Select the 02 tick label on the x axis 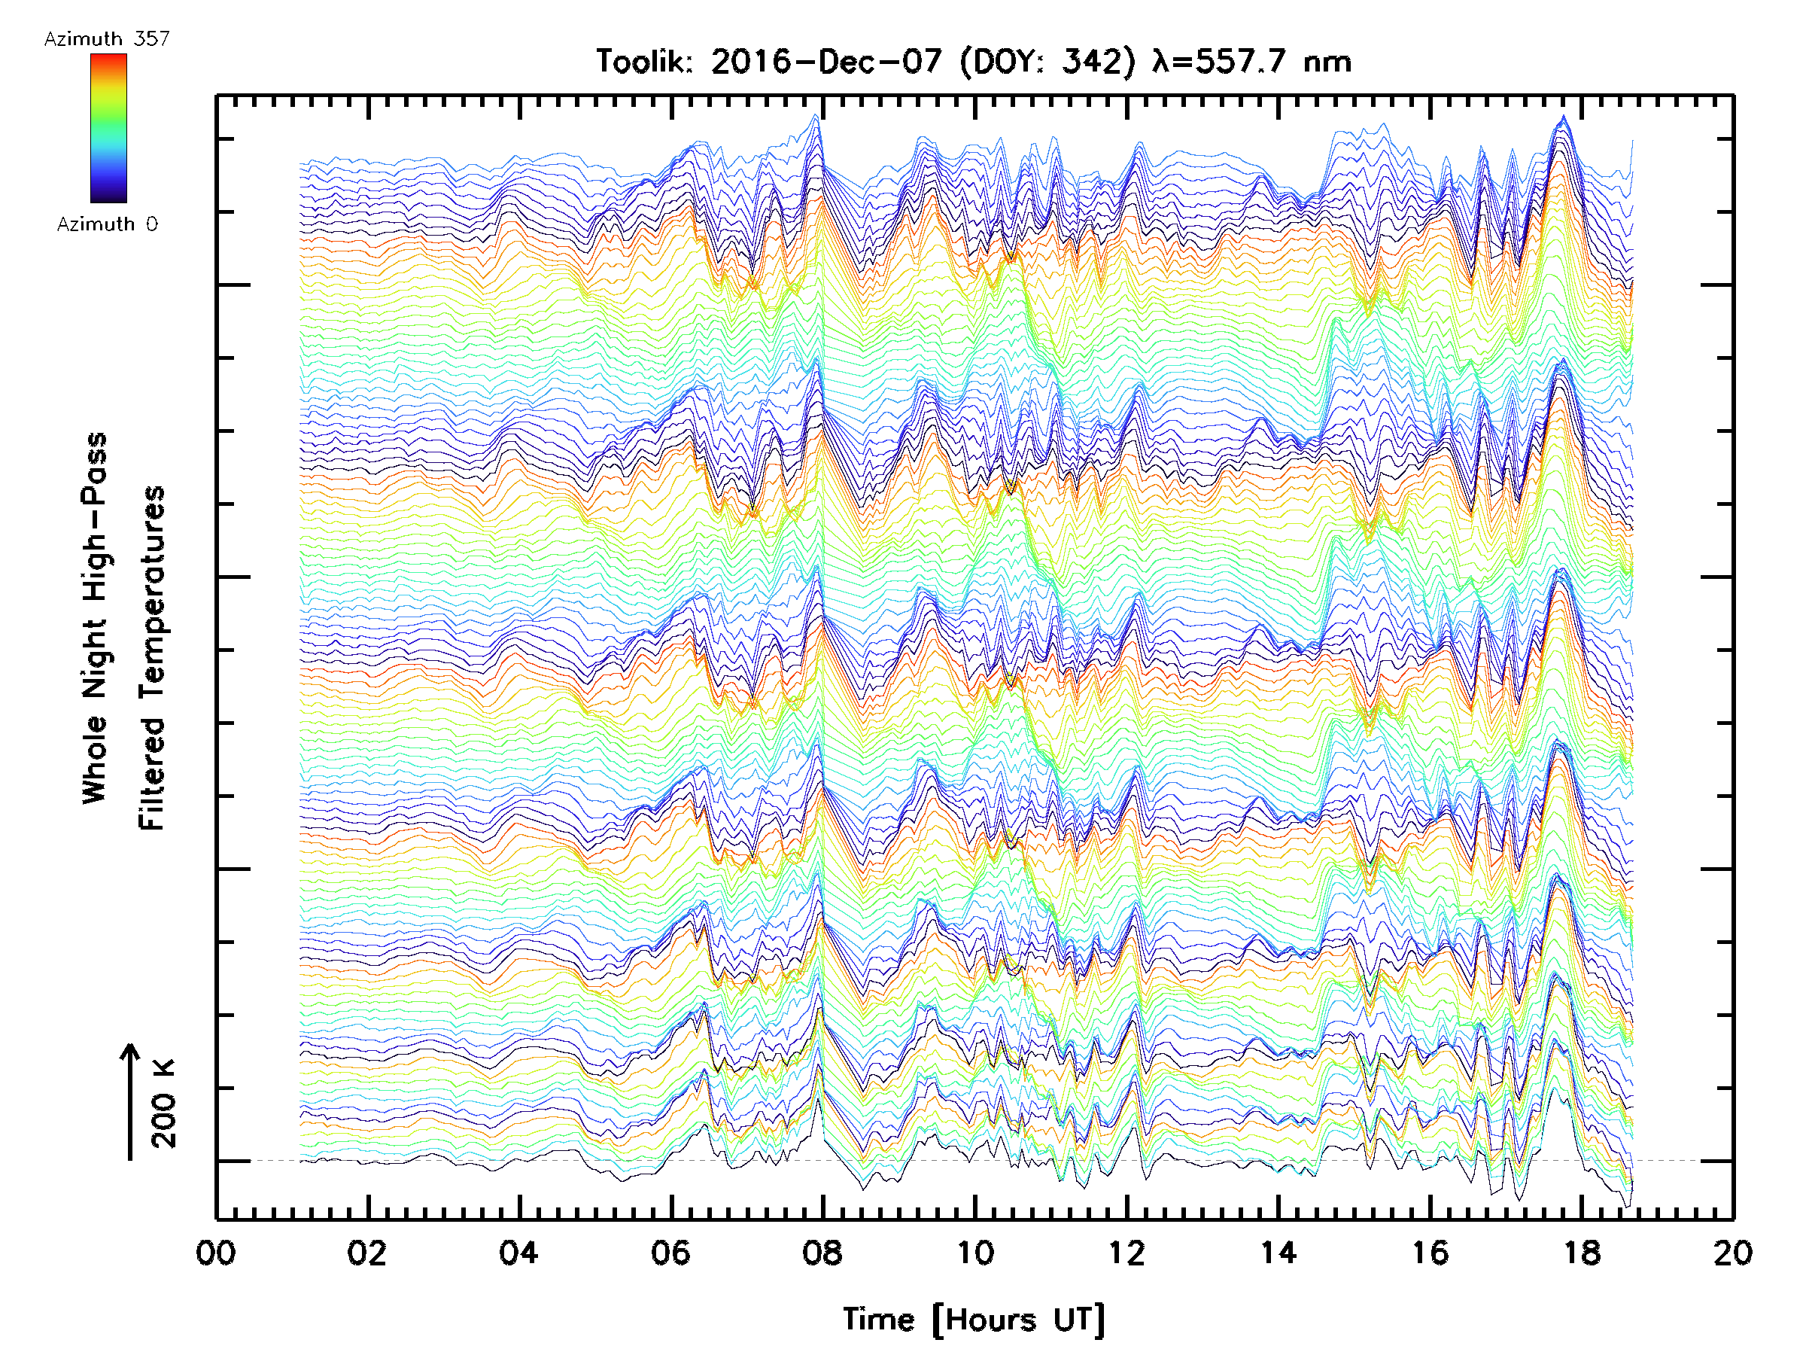(x=366, y=1252)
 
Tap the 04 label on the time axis (x=518, y=1252)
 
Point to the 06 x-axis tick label (x=670, y=1252)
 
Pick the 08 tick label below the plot (x=822, y=1252)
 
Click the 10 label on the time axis (x=974, y=1252)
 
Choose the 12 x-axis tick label (x=1126, y=1252)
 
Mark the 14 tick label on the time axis (x=1278, y=1252)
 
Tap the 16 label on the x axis (x=1431, y=1252)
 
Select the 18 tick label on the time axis (x=1583, y=1252)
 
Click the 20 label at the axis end (x=1732, y=1252)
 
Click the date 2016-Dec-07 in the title (x=826, y=62)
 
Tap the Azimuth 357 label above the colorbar (x=107, y=38)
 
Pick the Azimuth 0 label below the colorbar (x=107, y=224)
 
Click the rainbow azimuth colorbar (x=108, y=128)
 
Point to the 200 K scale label (x=163, y=1104)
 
